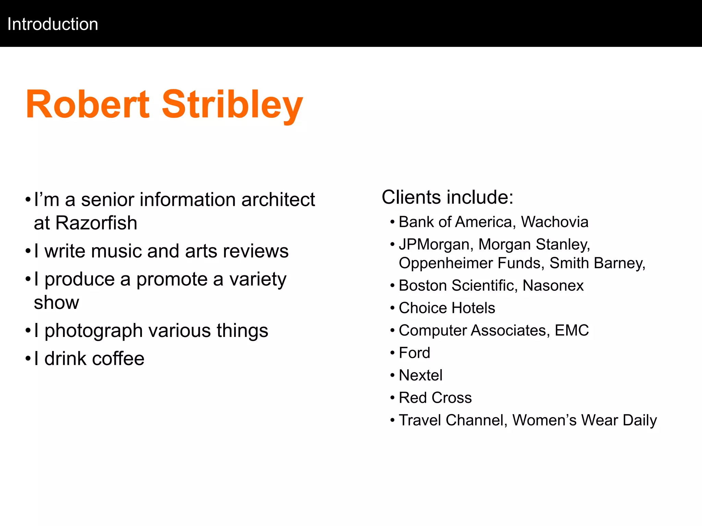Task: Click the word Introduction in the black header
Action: [x=53, y=24]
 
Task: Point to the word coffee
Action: [x=118, y=359]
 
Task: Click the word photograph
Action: [x=94, y=331]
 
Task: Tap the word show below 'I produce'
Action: [x=57, y=302]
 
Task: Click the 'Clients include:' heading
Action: [x=448, y=197]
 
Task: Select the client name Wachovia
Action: [x=555, y=222]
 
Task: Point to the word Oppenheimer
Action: [x=446, y=263]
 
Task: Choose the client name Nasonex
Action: [x=553, y=286]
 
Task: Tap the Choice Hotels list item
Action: [x=447, y=308]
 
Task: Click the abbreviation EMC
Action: [x=571, y=330]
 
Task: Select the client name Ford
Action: [x=414, y=353]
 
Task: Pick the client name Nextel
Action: [x=421, y=375]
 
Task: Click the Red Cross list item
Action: [x=435, y=398]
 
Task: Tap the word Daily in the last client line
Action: [x=640, y=420]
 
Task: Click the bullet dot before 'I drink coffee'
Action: [x=28, y=359]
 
